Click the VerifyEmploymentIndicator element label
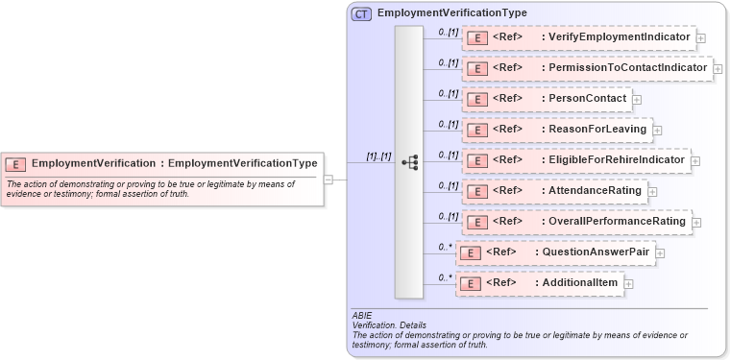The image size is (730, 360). (616, 37)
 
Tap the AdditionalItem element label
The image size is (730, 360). (579, 283)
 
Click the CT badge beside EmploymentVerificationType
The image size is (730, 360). (361, 14)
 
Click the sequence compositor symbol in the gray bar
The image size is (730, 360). (408, 162)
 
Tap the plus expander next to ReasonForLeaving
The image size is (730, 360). (657, 131)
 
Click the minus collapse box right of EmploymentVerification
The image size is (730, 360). (328, 179)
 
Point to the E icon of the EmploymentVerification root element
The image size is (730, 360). (15, 164)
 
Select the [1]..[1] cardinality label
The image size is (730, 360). (378, 156)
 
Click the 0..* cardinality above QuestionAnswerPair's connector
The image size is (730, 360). (445, 248)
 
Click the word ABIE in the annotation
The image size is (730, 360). (363, 316)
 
